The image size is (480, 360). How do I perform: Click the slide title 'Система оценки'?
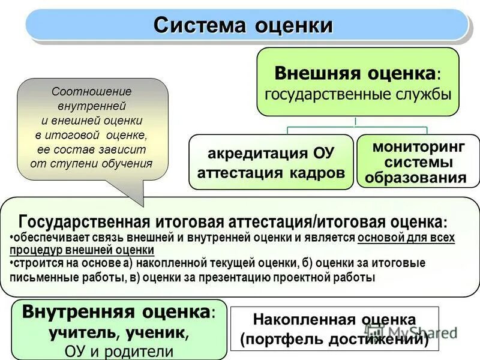click(x=242, y=25)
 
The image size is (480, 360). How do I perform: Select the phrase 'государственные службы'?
click(x=358, y=94)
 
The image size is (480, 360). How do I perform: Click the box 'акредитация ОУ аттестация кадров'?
click(x=271, y=162)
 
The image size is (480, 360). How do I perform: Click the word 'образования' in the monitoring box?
click(x=416, y=178)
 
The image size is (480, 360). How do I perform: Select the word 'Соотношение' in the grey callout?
click(x=92, y=92)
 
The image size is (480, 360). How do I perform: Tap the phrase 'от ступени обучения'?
click(x=92, y=163)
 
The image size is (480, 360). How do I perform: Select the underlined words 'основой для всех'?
click(x=406, y=238)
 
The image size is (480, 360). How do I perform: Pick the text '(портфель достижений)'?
click(x=334, y=340)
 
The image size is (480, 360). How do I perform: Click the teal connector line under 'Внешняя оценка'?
click(x=356, y=128)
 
